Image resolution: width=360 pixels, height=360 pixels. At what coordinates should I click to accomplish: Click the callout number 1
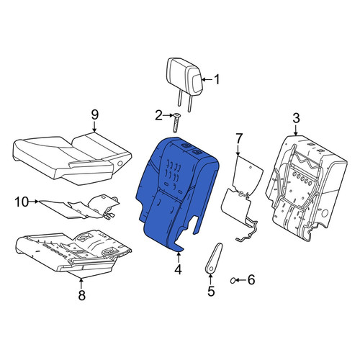pos(217,79)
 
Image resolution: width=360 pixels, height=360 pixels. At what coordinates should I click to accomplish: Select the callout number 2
pos(158,116)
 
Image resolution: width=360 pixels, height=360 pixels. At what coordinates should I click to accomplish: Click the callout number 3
pos(296,119)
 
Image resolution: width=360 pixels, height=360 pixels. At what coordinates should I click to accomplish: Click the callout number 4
pos(178,270)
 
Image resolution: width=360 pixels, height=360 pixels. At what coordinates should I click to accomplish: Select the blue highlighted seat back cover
pos(178,192)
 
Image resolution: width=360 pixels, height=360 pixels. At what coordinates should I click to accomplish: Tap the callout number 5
pos(211,291)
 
